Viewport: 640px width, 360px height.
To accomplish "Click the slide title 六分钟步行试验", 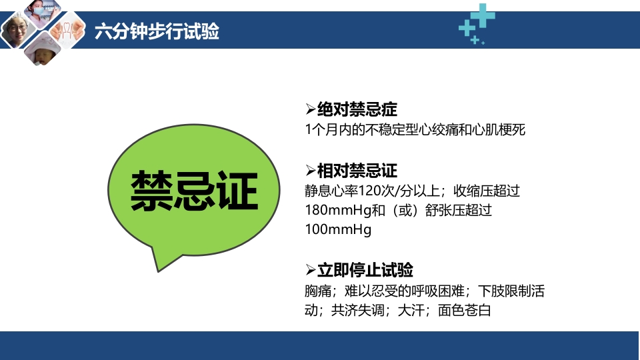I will [157, 31].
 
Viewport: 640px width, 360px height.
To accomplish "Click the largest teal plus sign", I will [484, 15].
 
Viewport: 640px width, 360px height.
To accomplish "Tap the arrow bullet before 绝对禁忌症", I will [309, 109].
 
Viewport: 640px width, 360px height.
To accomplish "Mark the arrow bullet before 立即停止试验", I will [309, 270].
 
